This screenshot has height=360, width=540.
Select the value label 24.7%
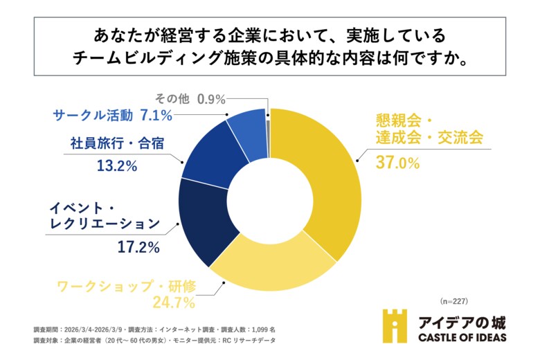coord(173,301)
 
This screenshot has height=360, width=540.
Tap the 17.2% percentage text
coord(138,246)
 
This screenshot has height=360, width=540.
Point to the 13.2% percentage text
coord(114,165)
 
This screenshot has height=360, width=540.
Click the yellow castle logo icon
coord(395,326)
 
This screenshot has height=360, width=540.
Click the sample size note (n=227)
coord(454,301)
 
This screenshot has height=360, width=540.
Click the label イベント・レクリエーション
coord(104,215)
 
